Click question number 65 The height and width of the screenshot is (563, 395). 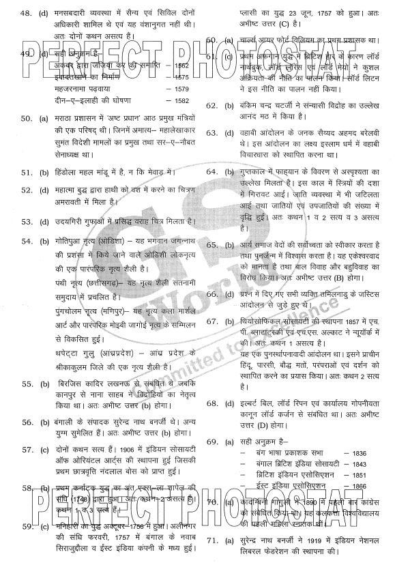(212, 244)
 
